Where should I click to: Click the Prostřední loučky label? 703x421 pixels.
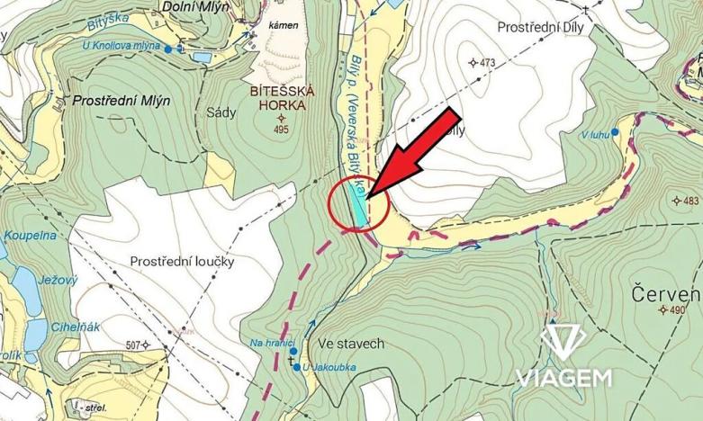pyautogui.click(x=182, y=261)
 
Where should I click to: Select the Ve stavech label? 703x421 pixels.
pyautogui.click(x=351, y=344)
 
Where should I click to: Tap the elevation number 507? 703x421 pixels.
pyautogui.click(x=135, y=345)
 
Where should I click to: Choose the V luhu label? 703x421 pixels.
pyautogui.click(x=595, y=135)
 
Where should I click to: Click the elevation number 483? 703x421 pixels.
pyautogui.click(x=690, y=200)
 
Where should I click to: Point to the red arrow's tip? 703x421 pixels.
pyautogui.click(x=368, y=193)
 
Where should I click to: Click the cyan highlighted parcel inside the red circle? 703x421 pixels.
pyautogui.click(x=359, y=210)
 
